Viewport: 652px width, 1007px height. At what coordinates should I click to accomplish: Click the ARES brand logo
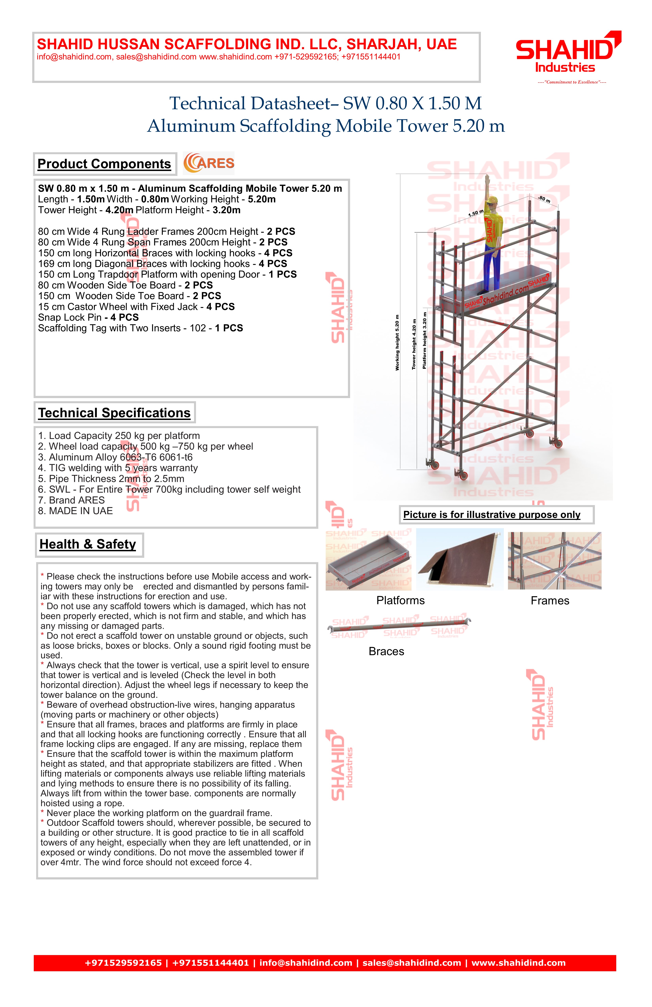209,163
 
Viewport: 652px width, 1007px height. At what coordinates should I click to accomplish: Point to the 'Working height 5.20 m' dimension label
397,343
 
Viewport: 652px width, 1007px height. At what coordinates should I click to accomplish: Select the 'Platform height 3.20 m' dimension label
425,341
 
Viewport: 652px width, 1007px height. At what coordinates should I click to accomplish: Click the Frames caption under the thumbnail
550,601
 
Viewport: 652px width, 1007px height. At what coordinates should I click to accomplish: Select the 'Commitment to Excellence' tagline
572,82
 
